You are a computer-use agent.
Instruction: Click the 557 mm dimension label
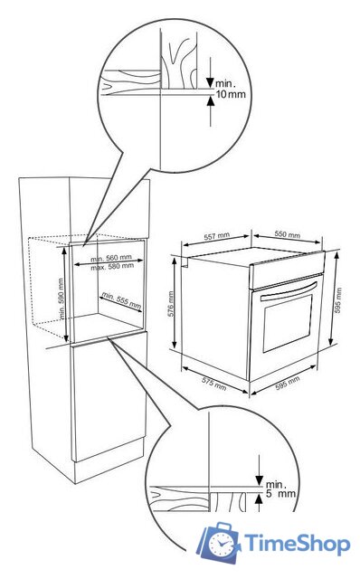[x=217, y=235]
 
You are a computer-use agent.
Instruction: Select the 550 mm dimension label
[x=288, y=234]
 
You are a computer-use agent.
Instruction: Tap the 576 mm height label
[x=171, y=304]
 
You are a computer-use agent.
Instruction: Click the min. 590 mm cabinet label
[x=62, y=299]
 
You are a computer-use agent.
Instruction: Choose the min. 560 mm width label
[x=111, y=258]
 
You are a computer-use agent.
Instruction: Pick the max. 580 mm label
[x=112, y=266]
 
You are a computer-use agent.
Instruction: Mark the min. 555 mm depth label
[x=122, y=300]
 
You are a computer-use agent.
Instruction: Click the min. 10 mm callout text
[x=231, y=89]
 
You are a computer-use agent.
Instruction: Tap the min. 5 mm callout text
[x=280, y=489]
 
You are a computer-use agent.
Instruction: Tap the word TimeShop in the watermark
[x=298, y=544]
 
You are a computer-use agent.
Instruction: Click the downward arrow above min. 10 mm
[x=210, y=72]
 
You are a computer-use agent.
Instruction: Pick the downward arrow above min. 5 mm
[x=260, y=470]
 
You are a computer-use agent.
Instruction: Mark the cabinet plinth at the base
[x=109, y=461]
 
